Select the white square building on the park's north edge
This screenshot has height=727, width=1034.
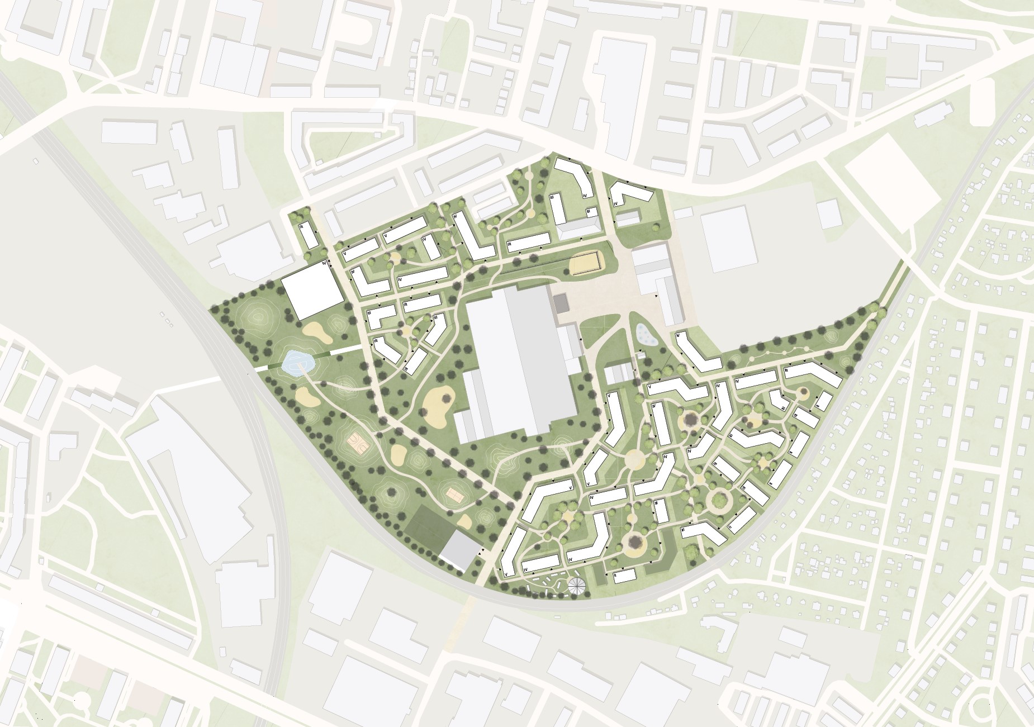coord(312,290)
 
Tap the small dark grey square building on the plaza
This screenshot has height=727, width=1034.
coord(561,304)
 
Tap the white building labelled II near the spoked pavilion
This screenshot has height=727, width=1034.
coord(625,576)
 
